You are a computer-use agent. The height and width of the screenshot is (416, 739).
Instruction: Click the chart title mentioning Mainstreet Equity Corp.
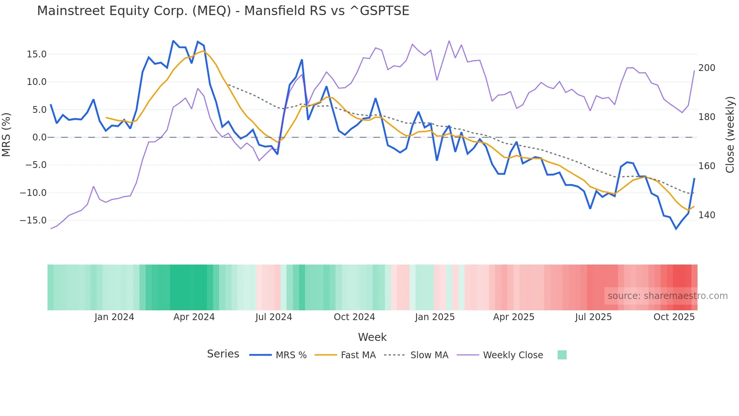[223, 11]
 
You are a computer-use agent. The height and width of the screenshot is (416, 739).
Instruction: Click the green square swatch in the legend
[562, 355]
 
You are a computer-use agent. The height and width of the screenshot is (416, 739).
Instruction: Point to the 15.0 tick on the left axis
[37, 54]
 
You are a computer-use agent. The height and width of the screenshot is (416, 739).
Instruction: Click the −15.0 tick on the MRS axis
[33, 220]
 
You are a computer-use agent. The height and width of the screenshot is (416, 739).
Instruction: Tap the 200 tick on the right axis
[707, 68]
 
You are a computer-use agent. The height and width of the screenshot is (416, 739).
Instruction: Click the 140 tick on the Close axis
[707, 215]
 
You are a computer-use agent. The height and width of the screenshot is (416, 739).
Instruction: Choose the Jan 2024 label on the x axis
[114, 317]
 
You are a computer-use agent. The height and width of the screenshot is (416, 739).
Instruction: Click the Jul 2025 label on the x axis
[593, 317]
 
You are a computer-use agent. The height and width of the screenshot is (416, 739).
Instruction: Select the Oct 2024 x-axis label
[354, 317]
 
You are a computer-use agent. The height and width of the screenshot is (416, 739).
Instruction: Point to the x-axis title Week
[372, 337]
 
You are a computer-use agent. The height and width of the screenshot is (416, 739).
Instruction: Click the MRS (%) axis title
[6, 134]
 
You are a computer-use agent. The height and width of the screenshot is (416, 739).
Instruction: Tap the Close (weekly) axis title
[730, 135]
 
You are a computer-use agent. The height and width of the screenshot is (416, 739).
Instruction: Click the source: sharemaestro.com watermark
[667, 296]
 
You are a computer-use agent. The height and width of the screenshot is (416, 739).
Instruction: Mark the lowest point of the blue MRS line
[676, 229]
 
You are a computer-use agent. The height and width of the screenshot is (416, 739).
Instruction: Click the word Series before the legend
[223, 354]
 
